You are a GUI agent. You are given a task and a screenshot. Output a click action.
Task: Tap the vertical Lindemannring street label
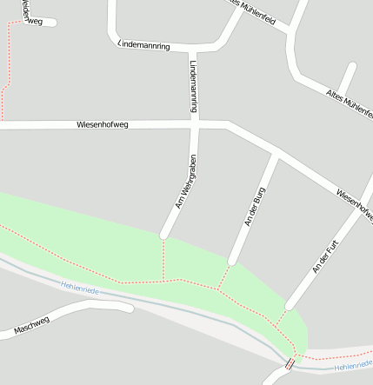[193, 85]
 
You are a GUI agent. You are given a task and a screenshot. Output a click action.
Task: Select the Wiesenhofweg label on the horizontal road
[103, 125]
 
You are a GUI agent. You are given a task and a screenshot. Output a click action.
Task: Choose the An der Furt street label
[323, 253]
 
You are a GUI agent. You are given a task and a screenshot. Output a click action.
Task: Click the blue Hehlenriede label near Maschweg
[80, 287]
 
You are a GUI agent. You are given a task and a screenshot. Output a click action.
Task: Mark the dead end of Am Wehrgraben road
[164, 234]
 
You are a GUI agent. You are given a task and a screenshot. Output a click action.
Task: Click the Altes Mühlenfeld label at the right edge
[350, 103]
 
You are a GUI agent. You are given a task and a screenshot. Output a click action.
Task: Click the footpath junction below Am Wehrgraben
[163, 281]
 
